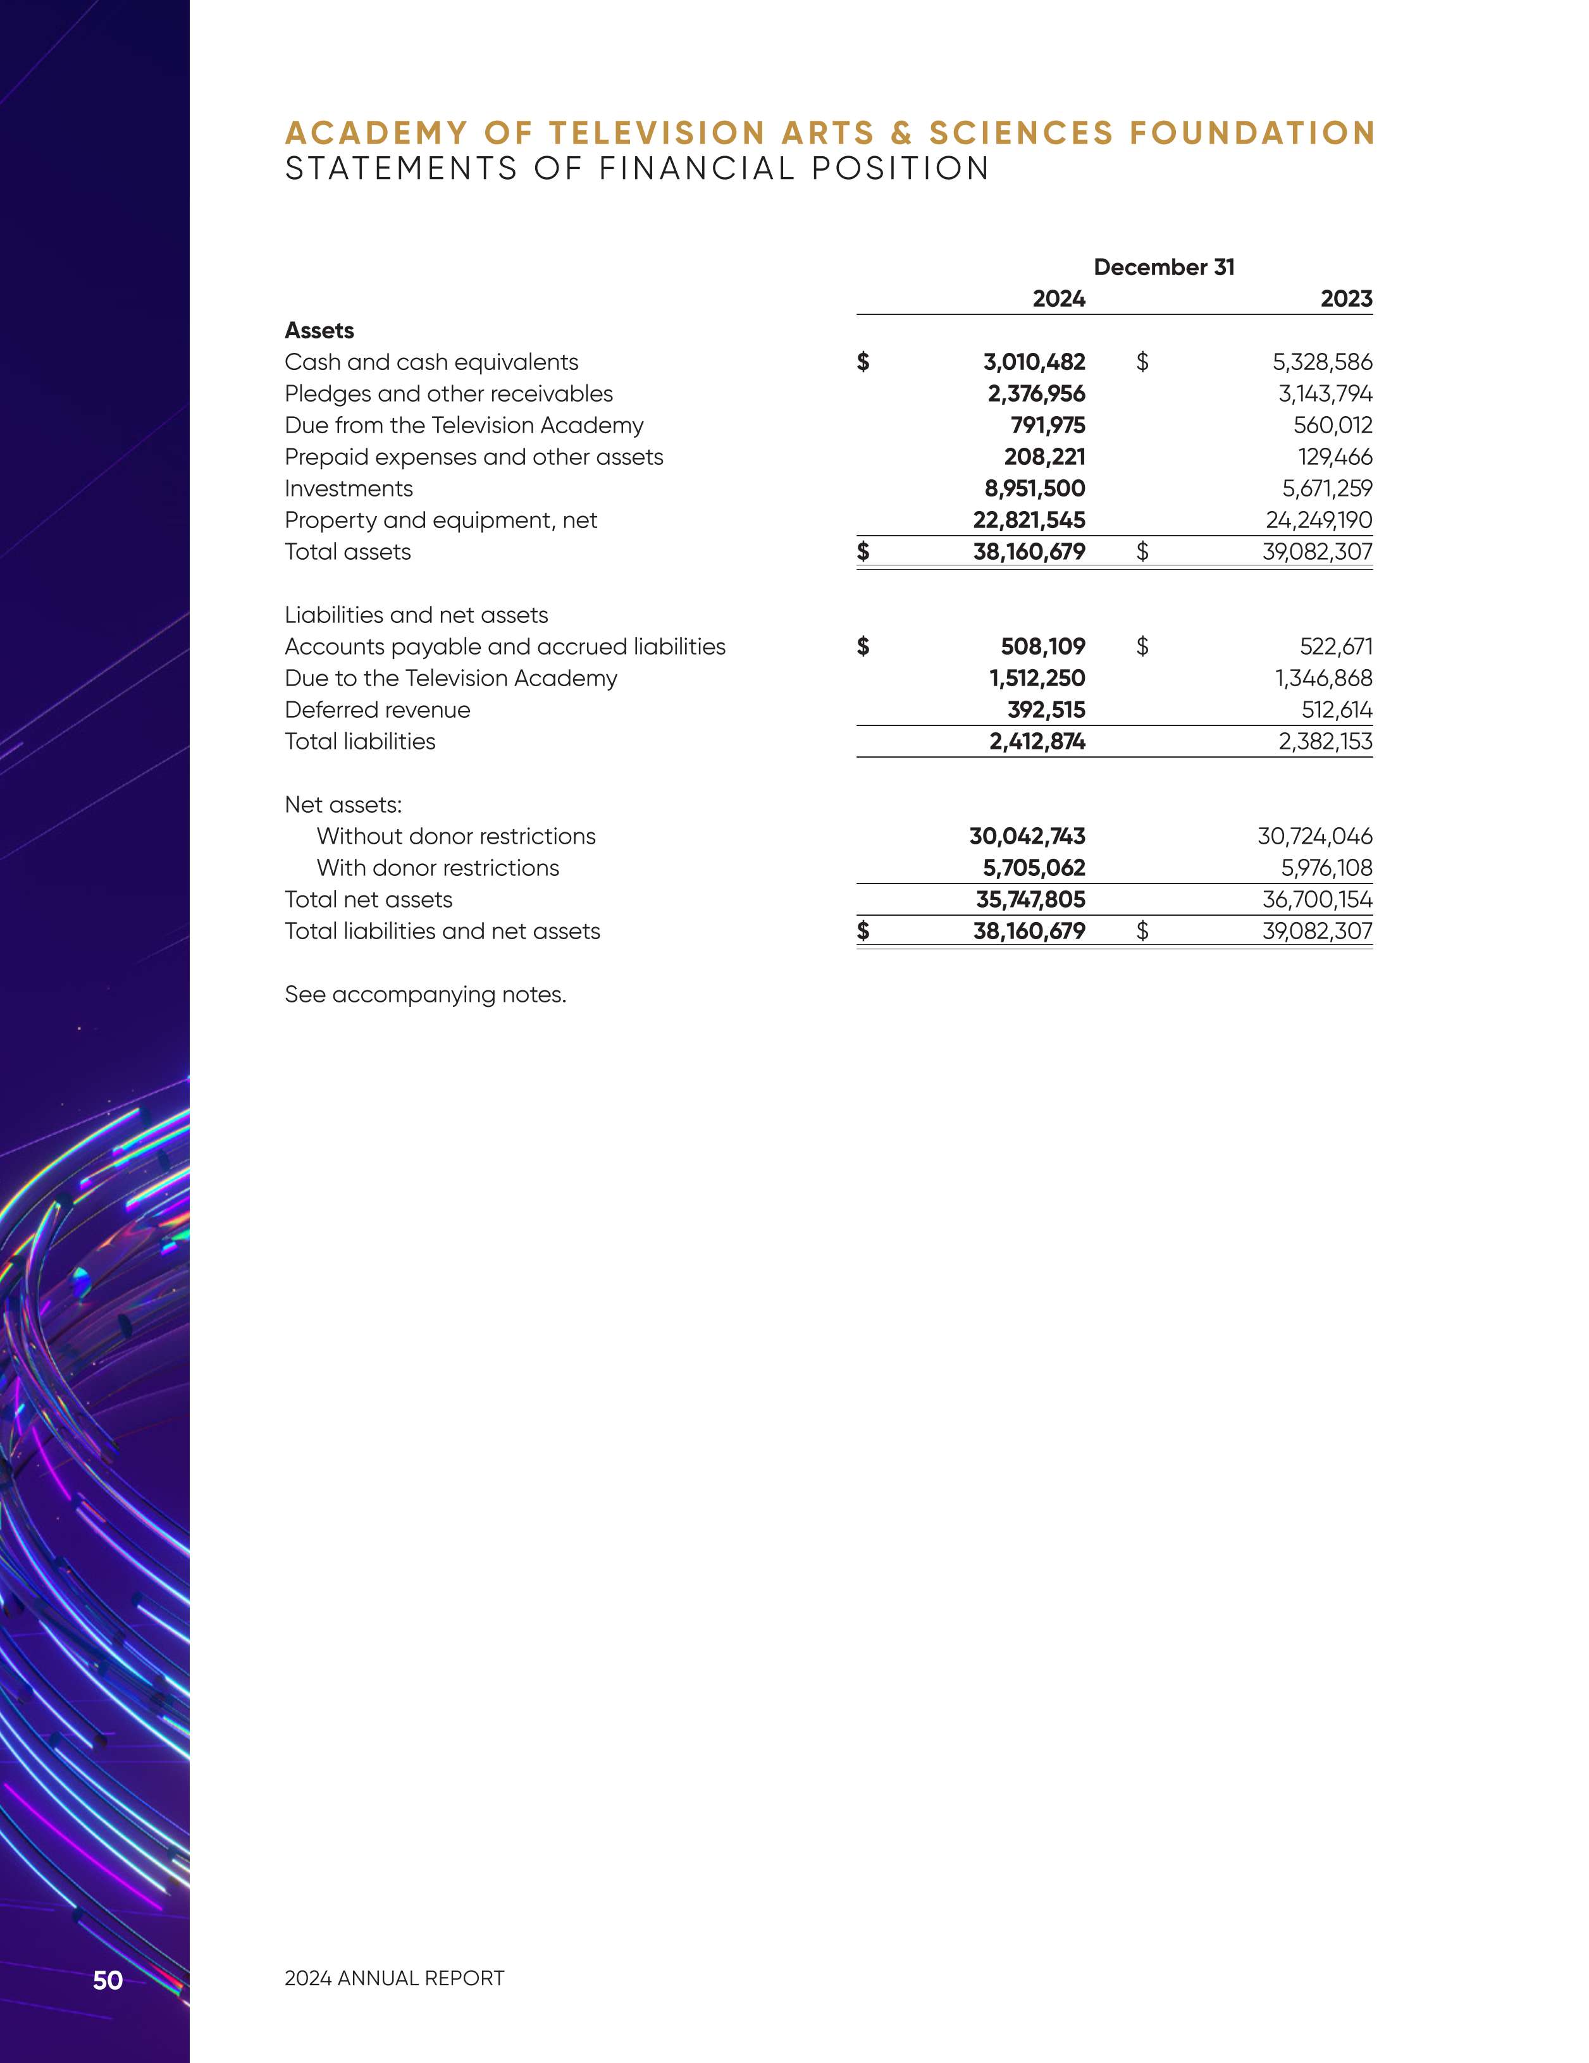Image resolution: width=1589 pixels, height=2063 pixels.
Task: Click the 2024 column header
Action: point(1058,299)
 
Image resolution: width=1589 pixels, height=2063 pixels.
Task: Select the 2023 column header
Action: point(1345,299)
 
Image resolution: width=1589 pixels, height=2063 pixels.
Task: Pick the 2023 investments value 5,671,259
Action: point(1326,488)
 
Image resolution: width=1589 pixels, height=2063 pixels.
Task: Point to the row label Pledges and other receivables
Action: point(448,394)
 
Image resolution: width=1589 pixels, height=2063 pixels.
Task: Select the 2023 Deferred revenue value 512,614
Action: point(1336,710)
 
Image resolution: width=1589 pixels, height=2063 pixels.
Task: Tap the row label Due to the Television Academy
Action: point(450,678)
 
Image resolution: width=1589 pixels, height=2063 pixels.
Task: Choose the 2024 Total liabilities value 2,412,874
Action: point(1037,741)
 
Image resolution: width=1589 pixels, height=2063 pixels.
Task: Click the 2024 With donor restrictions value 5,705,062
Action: point(1034,868)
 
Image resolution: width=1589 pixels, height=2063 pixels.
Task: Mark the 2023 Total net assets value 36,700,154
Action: point(1317,899)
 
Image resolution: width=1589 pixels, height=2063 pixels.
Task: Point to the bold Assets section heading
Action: point(319,331)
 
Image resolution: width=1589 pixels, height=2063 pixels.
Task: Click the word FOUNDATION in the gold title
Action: point(1252,133)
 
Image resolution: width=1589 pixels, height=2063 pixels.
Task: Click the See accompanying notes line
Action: point(425,995)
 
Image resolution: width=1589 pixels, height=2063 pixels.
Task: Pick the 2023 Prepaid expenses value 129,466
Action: point(1334,457)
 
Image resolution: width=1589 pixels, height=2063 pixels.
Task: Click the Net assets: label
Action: point(343,805)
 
